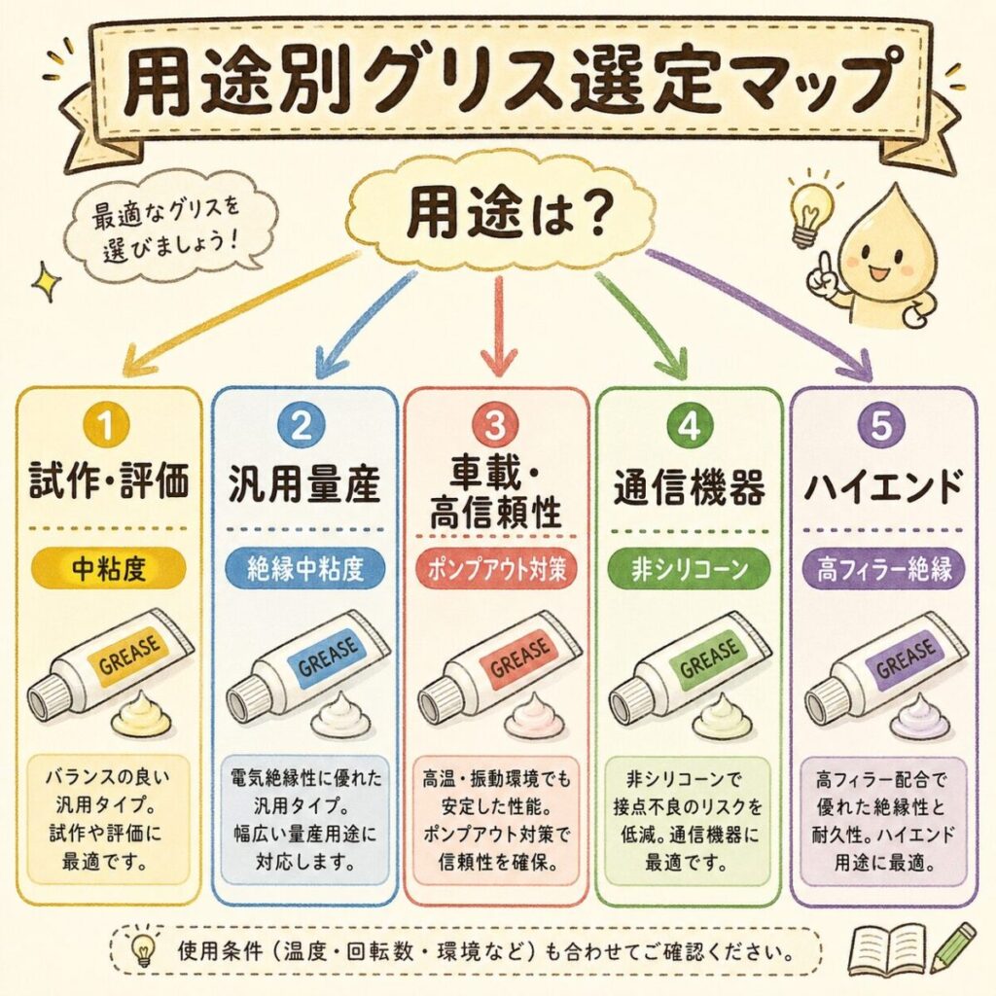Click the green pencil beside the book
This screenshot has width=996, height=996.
click(x=952, y=945)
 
